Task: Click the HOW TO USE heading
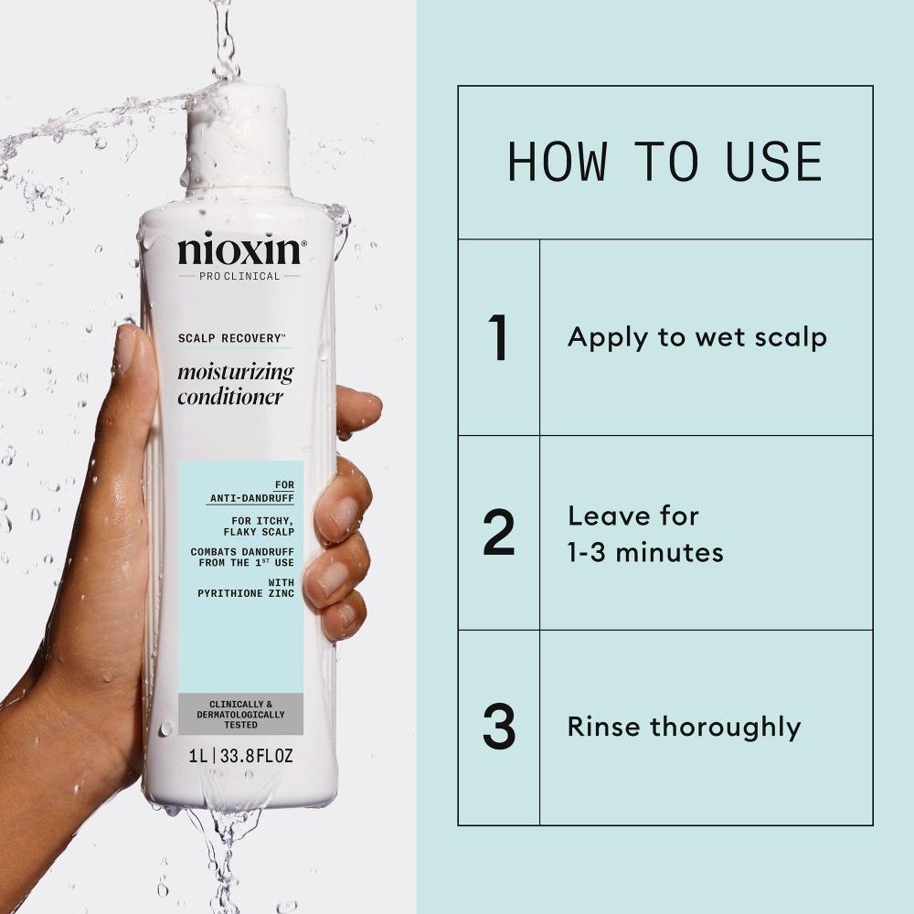pyautogui.click(x=664, y=162)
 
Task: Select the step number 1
pyautogui.click(x=498, y=337)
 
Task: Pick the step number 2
pyautogui.click(x=498, y=534)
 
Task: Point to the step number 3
pyautogui.click(x=498, y=728)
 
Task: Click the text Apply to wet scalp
pyautogui.click(x=696, y=337)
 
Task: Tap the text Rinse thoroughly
pyautogui.click(x=684, y=728)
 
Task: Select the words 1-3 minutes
pyautogui.click(x=645, y=553)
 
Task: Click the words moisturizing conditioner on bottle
pyautogui.click(x=235, y=385)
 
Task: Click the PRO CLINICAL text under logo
pyautogui.click(x=239, y=276)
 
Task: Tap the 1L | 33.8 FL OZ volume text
pyautogui.click(x=240, y=757)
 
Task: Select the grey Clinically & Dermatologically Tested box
pyautogui.click(x=240, y=714)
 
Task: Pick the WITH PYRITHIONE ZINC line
pyautogui.click(x=245, y=588)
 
